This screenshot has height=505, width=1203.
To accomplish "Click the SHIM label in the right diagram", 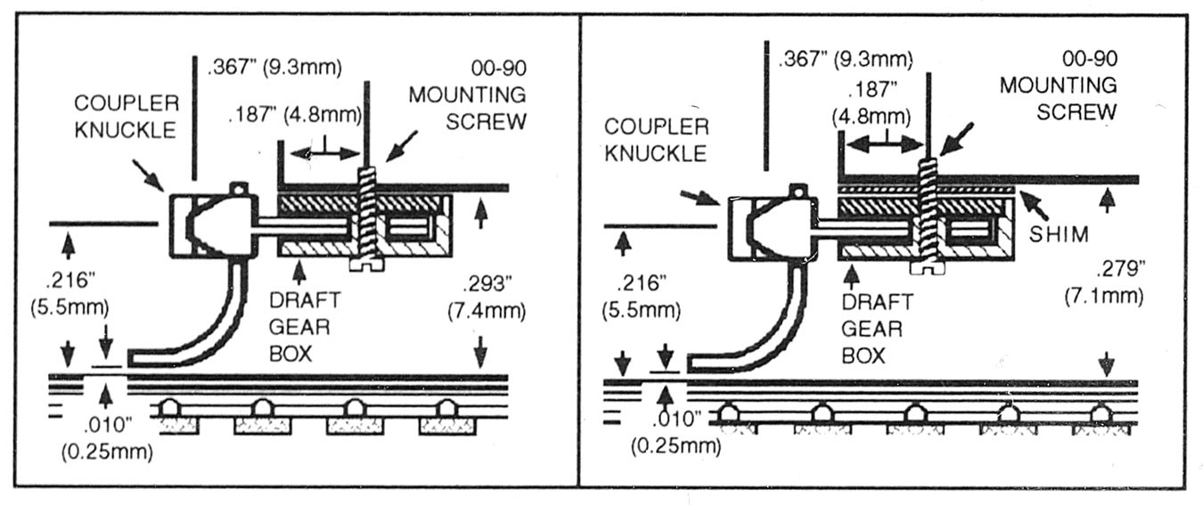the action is [x=1059, y=234].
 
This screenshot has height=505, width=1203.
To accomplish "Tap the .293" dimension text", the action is [x=487, y=283].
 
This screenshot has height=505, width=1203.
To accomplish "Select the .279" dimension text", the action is [x=1120, y=268].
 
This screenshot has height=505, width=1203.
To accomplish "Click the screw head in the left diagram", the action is [x=367, y=265].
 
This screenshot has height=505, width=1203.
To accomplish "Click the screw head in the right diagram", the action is [x=928, y=268].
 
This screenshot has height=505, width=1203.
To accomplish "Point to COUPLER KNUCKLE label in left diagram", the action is [x=127, y=117].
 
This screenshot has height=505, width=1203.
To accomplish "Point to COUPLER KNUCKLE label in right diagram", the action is [x=656, y=140].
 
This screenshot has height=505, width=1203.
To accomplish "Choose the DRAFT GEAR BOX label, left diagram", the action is [x=305, y=327].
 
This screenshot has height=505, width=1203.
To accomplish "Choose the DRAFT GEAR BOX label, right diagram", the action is [x=877, y=329].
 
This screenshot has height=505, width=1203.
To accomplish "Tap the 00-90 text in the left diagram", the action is [x=499, y=69].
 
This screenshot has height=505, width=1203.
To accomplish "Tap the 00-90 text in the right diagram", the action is [x=1090, y=59].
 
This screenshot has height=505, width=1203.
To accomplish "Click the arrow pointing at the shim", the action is [x=1034, y=206].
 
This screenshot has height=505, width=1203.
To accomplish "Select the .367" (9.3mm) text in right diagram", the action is [x=846, y=59].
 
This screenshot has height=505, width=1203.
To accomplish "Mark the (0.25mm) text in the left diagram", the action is [x=107, y=452].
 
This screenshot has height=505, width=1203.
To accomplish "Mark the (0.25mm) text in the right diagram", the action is [x=676, y=446].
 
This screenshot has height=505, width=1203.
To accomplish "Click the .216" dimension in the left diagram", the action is [x=70, y=280].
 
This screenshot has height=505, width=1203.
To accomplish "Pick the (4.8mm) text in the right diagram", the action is [x=872, y=117].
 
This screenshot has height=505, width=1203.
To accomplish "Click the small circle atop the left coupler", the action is [x=239, y=189].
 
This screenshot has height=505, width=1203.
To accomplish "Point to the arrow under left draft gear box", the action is [x=299, y=272].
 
